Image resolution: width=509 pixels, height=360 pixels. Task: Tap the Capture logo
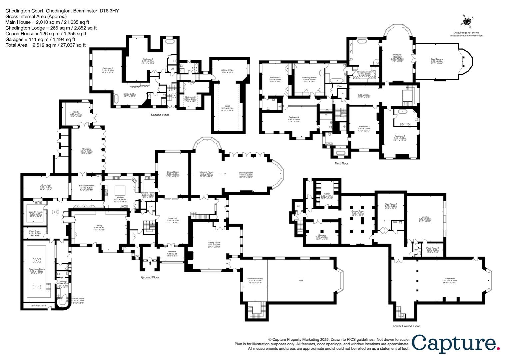[456, 343]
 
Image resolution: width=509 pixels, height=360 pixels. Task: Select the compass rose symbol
[467, 21]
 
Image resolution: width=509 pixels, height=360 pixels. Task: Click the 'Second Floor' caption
[160, 115]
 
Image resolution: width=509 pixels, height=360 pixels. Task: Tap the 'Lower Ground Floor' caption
[406, 326]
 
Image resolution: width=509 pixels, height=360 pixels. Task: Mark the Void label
[301, 281]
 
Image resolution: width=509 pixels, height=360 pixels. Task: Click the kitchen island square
[120, 191]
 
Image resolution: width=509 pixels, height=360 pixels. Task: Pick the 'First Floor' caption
[341, 163]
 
